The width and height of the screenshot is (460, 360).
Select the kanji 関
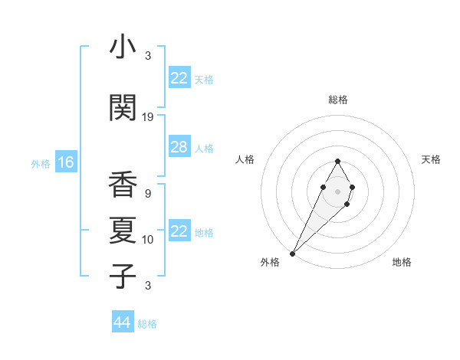(122, 107)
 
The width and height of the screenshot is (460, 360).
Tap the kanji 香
(122, 185)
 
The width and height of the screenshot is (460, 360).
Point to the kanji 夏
(122, 230)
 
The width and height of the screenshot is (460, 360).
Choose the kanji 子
(122, 276)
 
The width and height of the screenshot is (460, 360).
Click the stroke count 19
(148, 117)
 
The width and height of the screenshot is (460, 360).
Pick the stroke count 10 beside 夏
(148, 240)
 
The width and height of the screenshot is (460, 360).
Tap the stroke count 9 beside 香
(147, 194)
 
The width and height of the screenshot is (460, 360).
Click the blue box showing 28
(179, 147)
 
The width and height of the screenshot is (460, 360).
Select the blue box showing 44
(122, 323)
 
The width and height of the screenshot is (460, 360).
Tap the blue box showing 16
(65, 162)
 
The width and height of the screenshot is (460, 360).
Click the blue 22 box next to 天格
(179, 78)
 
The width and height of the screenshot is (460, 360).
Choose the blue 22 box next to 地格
(179, 231)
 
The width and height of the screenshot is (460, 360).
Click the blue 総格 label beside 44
(147, 324)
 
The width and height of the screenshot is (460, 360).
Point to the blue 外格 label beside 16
(41, 163)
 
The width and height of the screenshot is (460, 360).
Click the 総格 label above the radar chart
(337, 100)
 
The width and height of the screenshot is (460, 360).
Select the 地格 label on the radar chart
(402, 262)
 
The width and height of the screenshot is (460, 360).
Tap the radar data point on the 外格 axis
(292, 253)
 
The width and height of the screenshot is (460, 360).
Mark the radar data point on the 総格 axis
(337, 161)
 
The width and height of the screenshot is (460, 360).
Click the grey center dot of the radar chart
(337, 190)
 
